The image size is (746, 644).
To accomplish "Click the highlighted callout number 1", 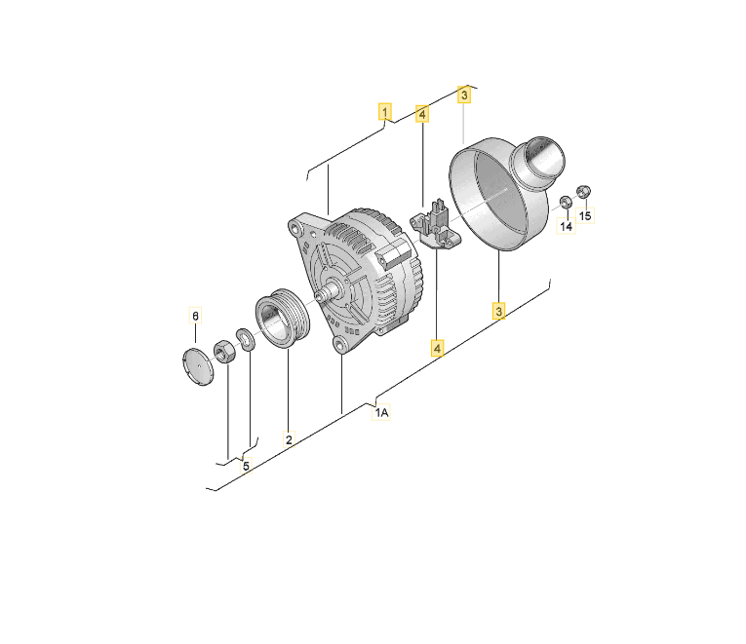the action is pos(385,112).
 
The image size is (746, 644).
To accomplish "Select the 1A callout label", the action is pos(381,412).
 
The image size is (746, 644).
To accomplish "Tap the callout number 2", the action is pos(289,439).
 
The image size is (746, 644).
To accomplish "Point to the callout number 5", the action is pos(246,466).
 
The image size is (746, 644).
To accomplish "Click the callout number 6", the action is pos(196,316).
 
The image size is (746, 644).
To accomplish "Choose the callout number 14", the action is pos(567,226).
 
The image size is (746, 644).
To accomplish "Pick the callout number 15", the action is pos(585,215).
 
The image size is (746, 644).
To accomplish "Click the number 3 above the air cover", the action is pos(464,95).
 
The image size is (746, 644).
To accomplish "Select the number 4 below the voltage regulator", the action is pos(437,349).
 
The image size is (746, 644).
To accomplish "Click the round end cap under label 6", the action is pos(198,366).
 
